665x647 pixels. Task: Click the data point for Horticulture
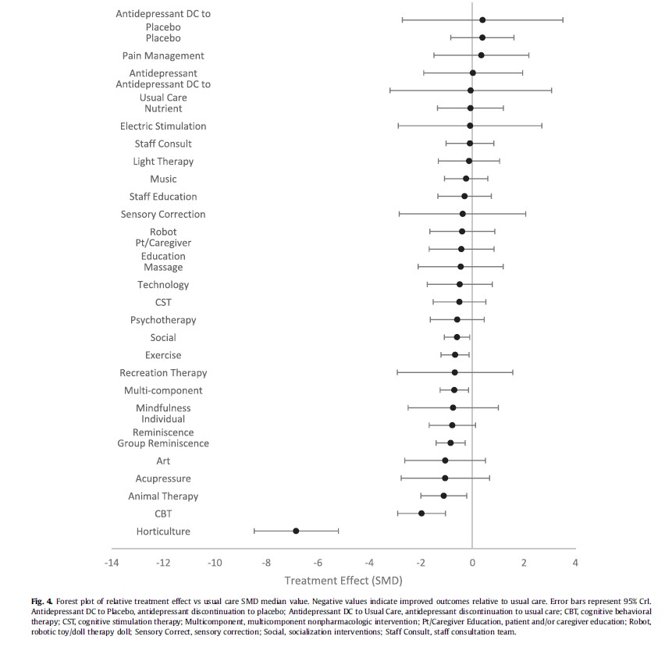click(296, 531)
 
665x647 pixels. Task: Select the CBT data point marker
click(421, 514)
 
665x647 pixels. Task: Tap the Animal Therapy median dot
click(443, 496)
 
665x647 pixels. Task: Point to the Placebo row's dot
click(482, 37)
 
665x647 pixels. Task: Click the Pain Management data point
click(481, 55)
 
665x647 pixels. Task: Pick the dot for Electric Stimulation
click(470, 126)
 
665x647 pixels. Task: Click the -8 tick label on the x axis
click(266, 563)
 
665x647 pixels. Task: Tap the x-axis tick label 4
click(575, 563)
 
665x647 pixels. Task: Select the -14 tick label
click(112, 563)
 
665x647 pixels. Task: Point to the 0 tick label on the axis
click(472, 563)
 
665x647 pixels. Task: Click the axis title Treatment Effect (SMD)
click(343, 581)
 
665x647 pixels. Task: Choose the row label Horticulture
click(163, 531)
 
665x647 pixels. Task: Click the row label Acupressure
click(163, 478)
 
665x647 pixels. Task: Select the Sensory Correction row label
click(163, 214)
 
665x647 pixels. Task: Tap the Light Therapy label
click(163, 162)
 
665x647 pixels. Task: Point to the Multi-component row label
click(163, 390)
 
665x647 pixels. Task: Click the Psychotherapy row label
click(163, 320)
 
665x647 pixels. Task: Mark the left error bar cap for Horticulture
click(254, 531)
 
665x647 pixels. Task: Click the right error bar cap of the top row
click(563, 20)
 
